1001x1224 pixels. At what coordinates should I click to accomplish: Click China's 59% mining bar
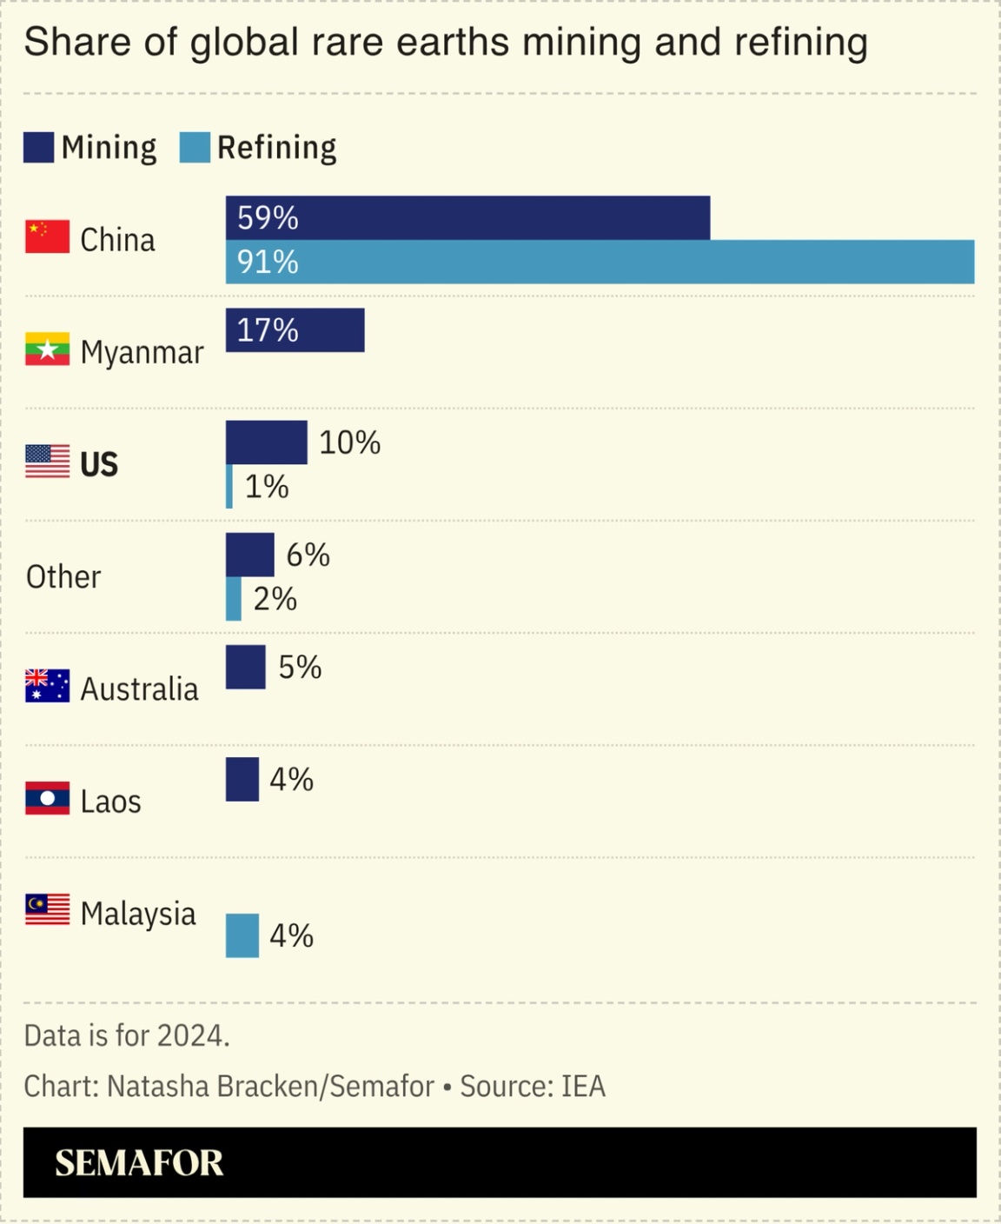[467, 217]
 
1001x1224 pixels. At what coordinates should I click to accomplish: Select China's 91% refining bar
[600, 262]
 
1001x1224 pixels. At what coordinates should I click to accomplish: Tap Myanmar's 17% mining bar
[295, 330]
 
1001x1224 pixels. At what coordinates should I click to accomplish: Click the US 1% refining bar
[229, 487]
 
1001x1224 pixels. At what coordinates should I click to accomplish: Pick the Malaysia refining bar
[242, 935]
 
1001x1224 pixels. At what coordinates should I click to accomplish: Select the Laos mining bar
[242, 779]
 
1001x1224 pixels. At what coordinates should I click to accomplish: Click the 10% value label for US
[349, 442]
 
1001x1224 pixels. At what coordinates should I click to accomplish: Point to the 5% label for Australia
[300, 667]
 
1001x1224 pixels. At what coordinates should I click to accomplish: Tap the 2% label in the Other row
[275, 599]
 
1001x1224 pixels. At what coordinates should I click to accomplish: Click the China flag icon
[47, 236]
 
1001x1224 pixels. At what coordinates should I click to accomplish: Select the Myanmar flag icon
[47, 349]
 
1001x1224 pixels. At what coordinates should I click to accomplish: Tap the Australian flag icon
[47, 686]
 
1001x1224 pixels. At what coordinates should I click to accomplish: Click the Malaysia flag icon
[47, 909]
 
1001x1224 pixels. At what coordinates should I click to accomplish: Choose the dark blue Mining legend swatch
[38, 148]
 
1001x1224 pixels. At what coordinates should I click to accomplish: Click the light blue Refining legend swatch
[195, 148]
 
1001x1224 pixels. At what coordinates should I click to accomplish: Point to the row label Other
[63, 576]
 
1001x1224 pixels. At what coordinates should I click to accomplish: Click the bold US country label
[99, 464]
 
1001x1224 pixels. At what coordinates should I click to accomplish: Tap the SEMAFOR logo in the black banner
[139, 1163]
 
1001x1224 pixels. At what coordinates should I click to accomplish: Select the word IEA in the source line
[583, 1087]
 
